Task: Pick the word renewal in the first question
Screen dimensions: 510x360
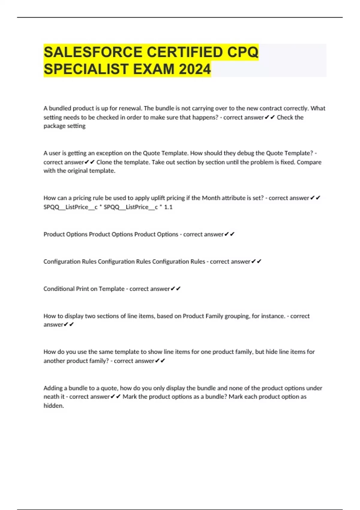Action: pyautogui.click(x=130, y=108)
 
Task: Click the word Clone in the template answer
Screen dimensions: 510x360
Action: pyautogui.click(x=104, y=162)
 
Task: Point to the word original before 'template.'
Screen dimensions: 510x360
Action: pyautogui.click(x=79, y=171)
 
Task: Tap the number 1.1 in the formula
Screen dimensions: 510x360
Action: pyautogui.click(x=168, y=207)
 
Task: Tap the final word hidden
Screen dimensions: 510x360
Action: pyautogui.click(x=54, y=406)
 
